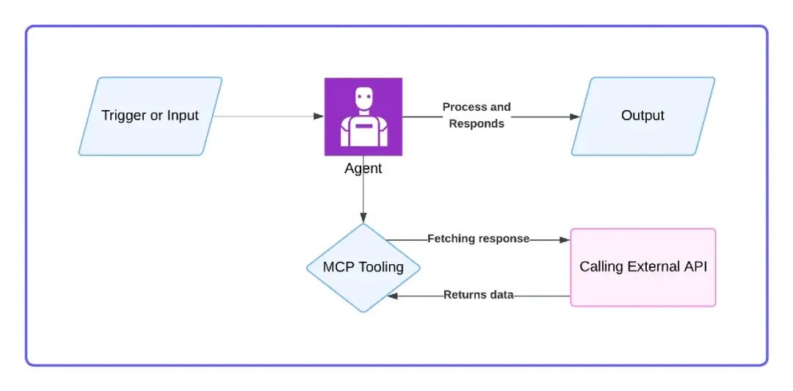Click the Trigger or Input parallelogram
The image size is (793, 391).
coord(151,116)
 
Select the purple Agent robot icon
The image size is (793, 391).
coord(363,117)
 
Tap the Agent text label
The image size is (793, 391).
coord(363,169)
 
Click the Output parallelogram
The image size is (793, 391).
coord(642,116)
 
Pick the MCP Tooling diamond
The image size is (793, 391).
coord(363,267)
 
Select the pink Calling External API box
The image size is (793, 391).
coord(643,267)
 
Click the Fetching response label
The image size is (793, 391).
coord(478,238)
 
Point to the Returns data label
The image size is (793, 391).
coord(478,295)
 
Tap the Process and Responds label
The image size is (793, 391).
coord(477,115)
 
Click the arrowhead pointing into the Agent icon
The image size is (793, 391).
coord(319,116)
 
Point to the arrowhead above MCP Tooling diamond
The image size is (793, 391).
coord(363,217)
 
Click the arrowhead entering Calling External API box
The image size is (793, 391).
coord(565,239)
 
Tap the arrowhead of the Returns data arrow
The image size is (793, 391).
coord(393,296)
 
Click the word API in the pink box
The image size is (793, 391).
coord(695,267)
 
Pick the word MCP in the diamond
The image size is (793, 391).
coord(338,267)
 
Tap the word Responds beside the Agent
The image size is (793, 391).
coord(477,124)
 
